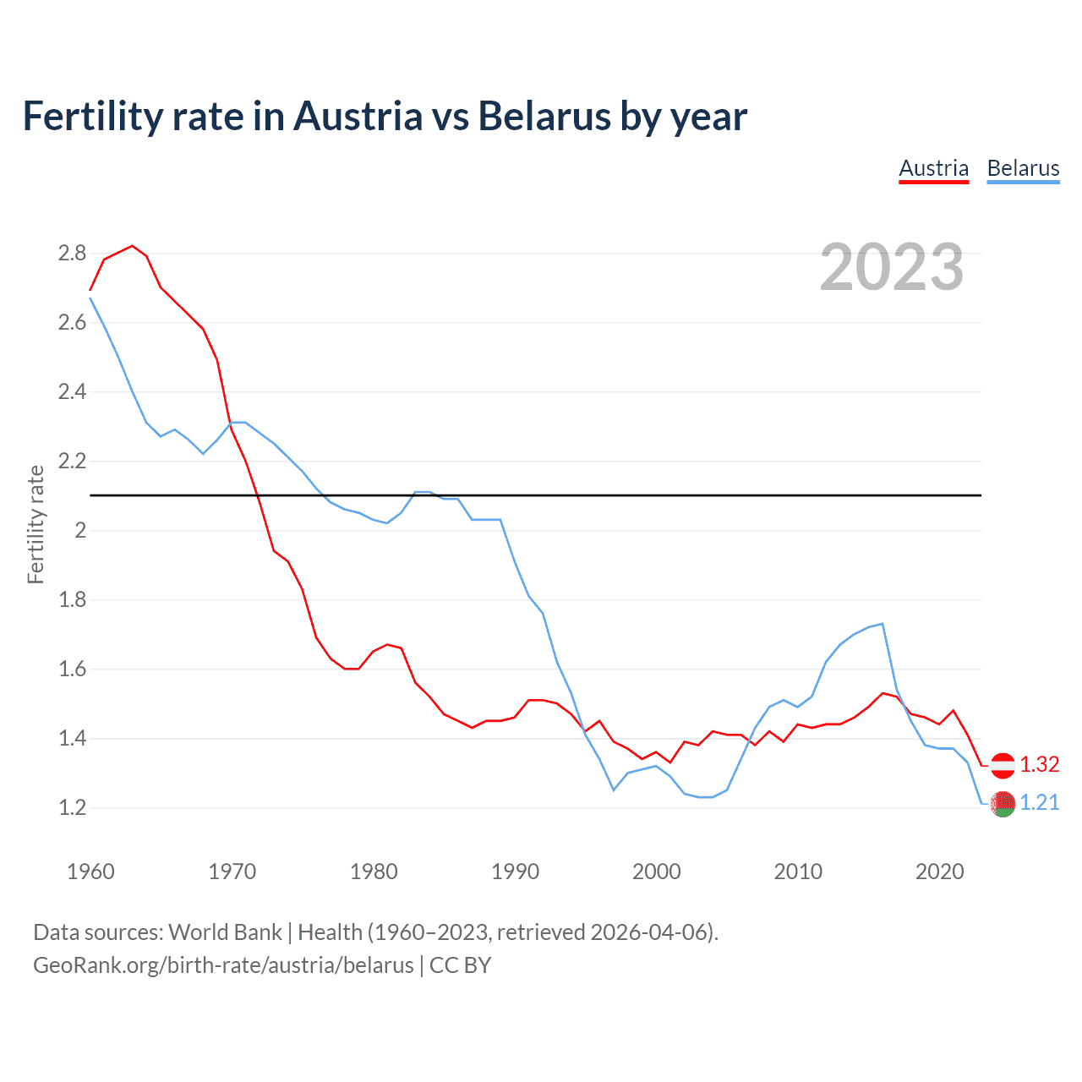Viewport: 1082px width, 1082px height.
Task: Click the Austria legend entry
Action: coord(933,168)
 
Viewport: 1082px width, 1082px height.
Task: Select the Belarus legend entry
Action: coord(1023,168)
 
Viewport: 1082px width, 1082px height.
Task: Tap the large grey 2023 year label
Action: coord(892,267)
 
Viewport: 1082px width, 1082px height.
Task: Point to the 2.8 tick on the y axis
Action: coord(72,253)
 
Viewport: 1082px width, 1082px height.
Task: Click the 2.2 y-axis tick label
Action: coord(72,461)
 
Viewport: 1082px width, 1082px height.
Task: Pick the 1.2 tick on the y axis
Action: coord(72,807)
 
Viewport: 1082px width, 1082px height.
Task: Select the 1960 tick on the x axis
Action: coord(90,872)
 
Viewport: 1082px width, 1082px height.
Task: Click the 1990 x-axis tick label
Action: coord(515,872)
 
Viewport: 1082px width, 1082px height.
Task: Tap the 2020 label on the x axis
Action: coord(939,872)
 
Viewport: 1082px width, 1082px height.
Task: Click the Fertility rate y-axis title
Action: coord(36,524)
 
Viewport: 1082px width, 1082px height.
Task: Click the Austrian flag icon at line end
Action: coord(1003,765)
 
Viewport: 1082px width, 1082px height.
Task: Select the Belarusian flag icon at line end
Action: coord(1003,804)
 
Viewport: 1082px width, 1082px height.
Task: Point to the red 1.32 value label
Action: coord(1039,764)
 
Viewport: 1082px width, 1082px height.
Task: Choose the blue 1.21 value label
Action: coord(1039,802)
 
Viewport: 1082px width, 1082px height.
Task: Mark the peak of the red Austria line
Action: coord(132,246)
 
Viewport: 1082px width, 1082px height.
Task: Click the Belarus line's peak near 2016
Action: coord(883,624)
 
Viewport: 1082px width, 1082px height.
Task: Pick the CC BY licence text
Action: coord(460,965)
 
